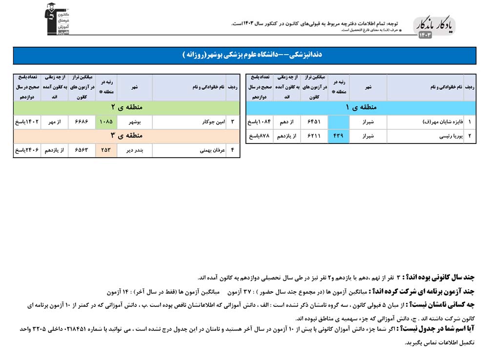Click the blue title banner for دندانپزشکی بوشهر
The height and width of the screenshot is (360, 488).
(x=244, y=55)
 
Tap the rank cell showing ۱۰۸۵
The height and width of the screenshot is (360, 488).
(x=107, y=121)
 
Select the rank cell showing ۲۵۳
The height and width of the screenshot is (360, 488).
(x=107, y=151)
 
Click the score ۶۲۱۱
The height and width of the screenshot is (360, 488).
(x=314, y=136)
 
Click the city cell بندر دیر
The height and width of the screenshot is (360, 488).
(x=135, y=151)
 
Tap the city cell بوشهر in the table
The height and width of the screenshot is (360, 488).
(x=135, y=121)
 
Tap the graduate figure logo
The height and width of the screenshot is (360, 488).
(x=58, y=20)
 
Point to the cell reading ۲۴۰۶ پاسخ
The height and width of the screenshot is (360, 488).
(x=27, y=151)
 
